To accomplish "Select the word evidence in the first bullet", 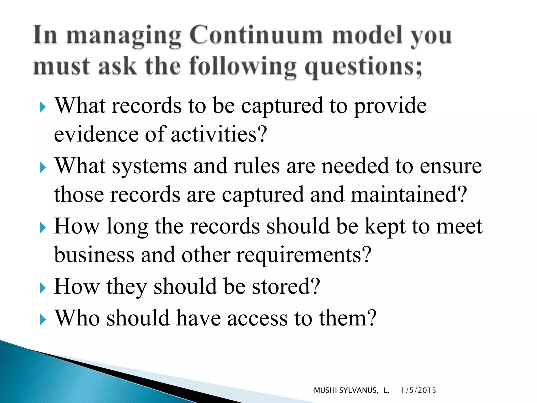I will pos(96,134).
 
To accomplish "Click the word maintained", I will pos(409,195).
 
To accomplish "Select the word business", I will pos(94,255).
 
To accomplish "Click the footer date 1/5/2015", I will pos(418,390).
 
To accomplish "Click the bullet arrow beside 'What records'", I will pos(43,107).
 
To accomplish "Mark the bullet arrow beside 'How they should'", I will pos(43,288).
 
